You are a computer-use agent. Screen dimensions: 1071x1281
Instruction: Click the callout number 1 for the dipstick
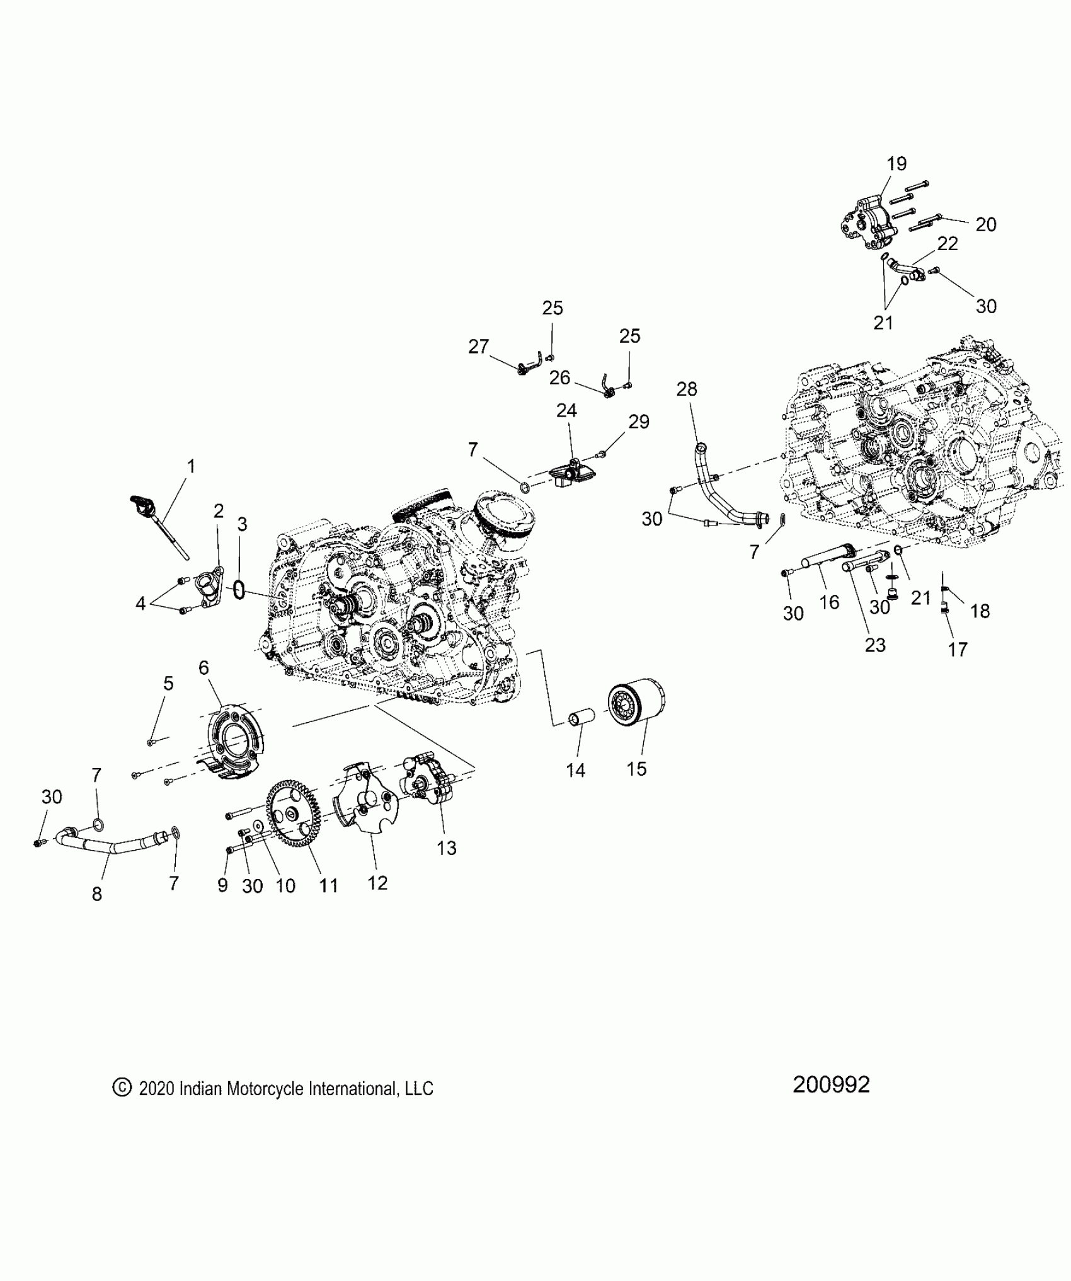pyautogui.click(x=191, y=466)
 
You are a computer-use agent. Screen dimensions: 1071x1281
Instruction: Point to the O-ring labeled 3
pyautogui.click(x=239, y=590)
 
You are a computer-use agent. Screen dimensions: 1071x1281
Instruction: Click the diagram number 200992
pyautogui.click(x=831, y=1101)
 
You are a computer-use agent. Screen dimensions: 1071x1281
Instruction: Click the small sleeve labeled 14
pyautogui.click(x=580, y=720)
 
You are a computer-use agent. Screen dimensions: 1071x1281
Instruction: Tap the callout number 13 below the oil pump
pyautogui.click(x=446, y=848)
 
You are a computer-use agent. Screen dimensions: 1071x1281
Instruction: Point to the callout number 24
pyautogui.click(x=566, y=411)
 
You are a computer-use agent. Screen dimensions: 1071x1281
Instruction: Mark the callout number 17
pyautogui.click(x=957, y=649)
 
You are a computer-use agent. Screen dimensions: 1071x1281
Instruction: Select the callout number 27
pyautogui.click(x=479, y=346)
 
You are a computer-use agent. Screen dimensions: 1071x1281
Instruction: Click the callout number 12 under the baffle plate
pyautogui.click(x=377, y=883)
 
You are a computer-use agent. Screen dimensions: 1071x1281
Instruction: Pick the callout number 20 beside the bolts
pyautogui.click(x=985, y=224)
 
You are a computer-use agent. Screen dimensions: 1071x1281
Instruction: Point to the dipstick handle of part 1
pyautogui.click(x=139, y=504)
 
